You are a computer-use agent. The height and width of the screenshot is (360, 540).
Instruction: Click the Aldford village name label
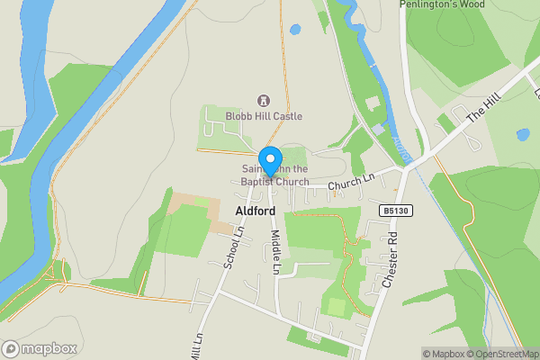click(255, 211)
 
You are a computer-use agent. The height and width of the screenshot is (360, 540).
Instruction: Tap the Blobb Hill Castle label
click(265, 116)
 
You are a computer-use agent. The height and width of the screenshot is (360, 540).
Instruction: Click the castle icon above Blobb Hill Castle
click(264, 101)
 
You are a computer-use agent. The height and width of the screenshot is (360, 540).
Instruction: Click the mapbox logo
click(40, 348)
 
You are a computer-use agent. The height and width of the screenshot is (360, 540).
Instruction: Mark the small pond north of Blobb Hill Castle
click(295, 30)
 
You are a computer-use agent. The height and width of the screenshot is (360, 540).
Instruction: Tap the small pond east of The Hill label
click(523, 135)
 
